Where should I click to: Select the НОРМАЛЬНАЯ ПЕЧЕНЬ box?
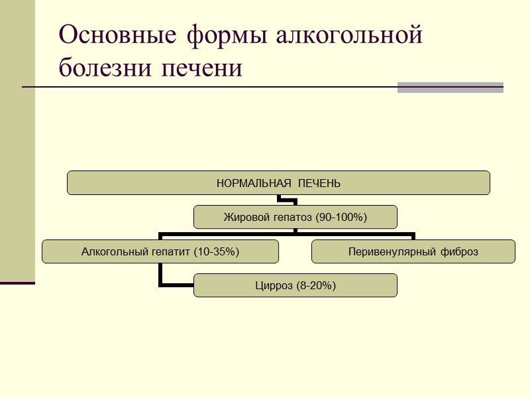point(278,183)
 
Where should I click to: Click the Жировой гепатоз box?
point(295,217)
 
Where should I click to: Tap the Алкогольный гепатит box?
point(160,251)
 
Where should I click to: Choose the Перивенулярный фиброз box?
point(413,251)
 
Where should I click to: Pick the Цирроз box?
point(295,286)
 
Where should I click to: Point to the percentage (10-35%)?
point(215,251)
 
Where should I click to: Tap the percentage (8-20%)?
point(317,286)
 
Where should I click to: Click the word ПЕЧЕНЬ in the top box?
point(319,183)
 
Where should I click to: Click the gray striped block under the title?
point(450,88)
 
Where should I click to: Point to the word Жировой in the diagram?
point(242,217)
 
